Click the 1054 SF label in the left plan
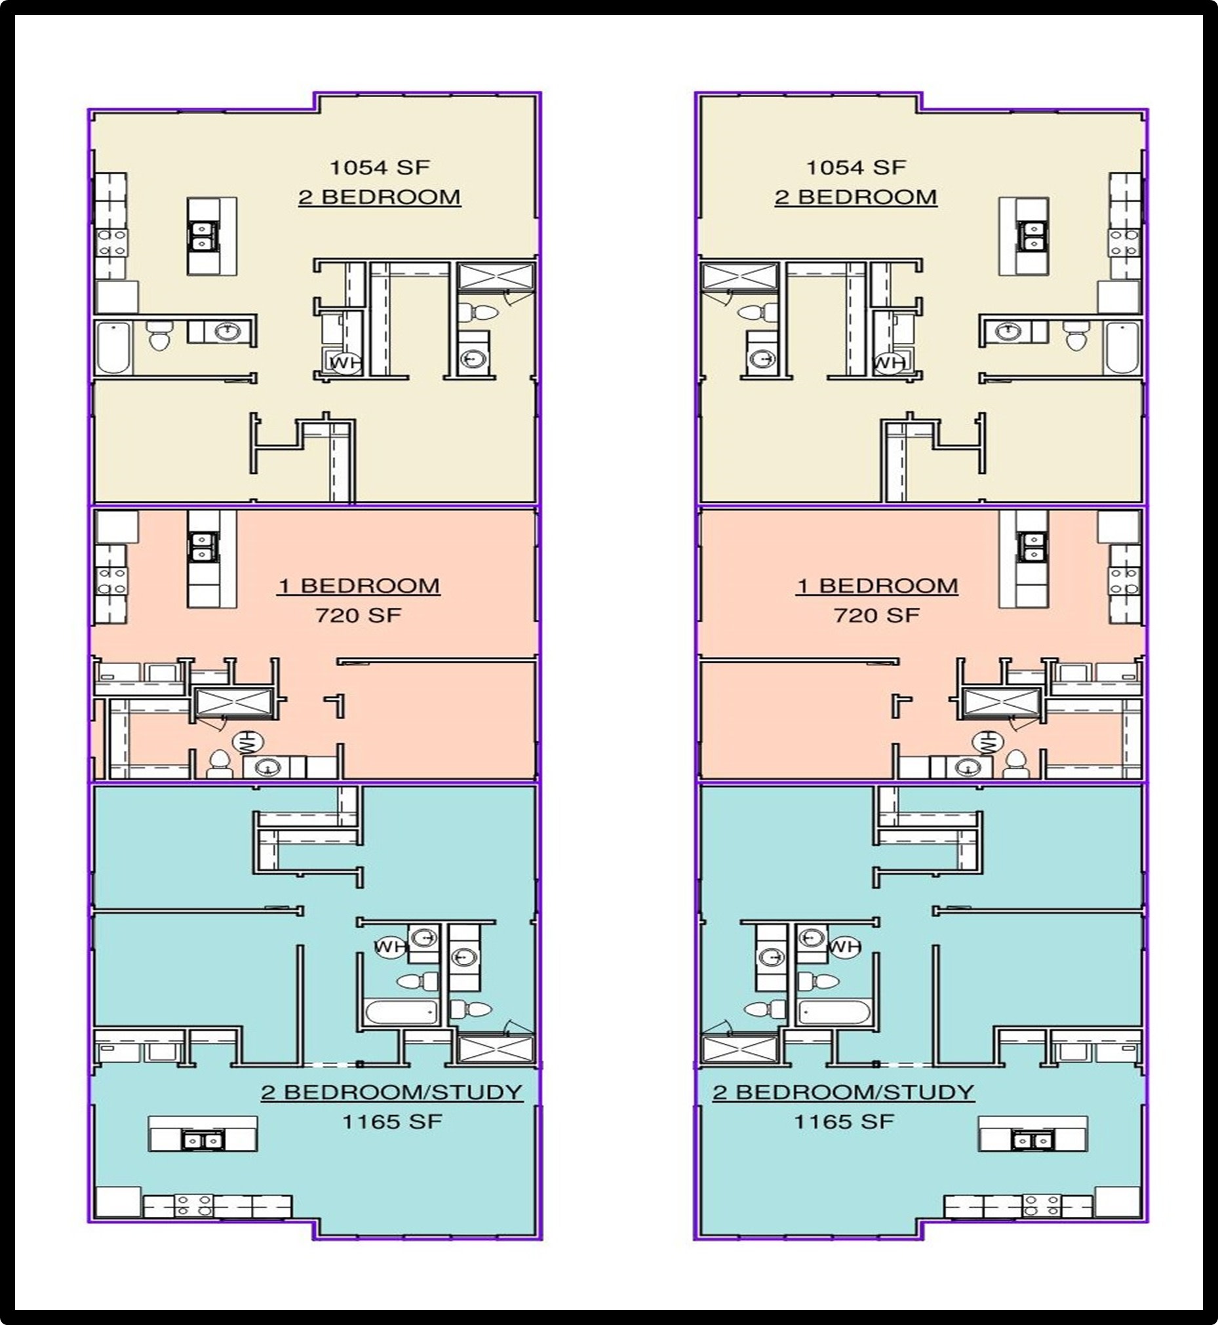tap(379, 167)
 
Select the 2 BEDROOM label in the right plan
tap(855, 197)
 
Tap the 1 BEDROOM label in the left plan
tap(359, 585)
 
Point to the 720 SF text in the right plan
tap(876, 615)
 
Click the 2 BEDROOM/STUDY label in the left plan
tap(391, 1092)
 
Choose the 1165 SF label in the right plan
tap(844, 1121)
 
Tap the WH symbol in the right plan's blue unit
tap(844, 947)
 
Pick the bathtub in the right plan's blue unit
tap(833, 1011)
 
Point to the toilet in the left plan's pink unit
tap(218, 763)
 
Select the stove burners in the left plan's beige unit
tap(113, 242)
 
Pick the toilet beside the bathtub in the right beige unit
tap(1077, 338)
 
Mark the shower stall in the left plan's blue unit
tap(496, 1050)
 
